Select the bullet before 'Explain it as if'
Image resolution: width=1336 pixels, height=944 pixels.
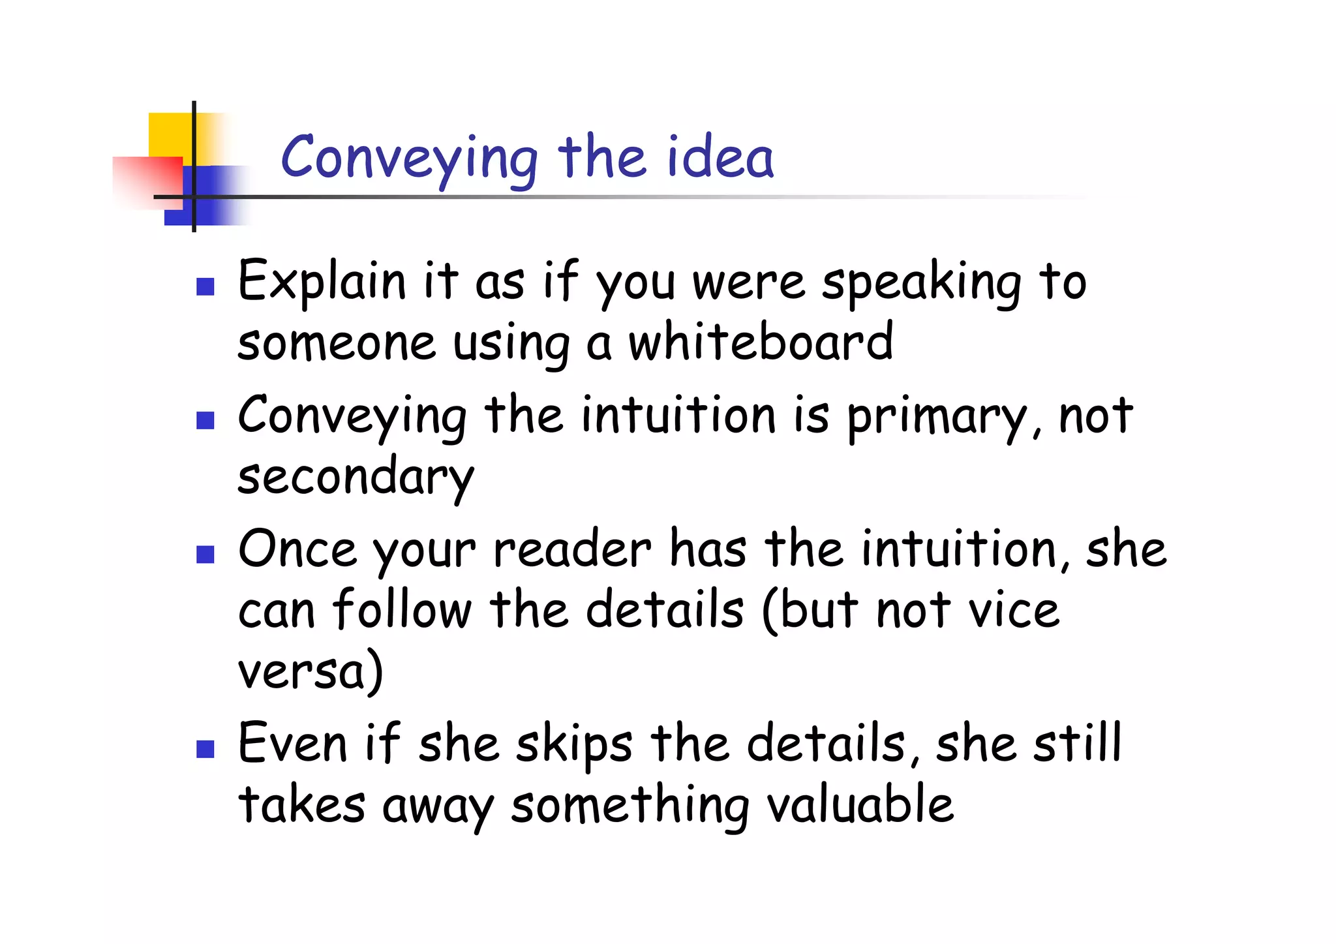pos(205,287)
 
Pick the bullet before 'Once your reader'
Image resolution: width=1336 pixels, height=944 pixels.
pos(205,554)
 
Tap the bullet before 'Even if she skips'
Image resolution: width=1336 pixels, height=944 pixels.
pos(205,748)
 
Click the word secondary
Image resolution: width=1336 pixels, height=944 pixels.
pos(356,478)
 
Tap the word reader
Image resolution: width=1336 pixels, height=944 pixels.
pos(572,549)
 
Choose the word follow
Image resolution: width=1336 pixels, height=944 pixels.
pos(402,610)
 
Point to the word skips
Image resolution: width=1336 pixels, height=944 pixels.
pos(574,745)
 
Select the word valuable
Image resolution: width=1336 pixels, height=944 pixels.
pos(860,804)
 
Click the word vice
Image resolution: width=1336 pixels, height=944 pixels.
pos(1014,611)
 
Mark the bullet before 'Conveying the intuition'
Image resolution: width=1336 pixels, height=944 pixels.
pos(205,420)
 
